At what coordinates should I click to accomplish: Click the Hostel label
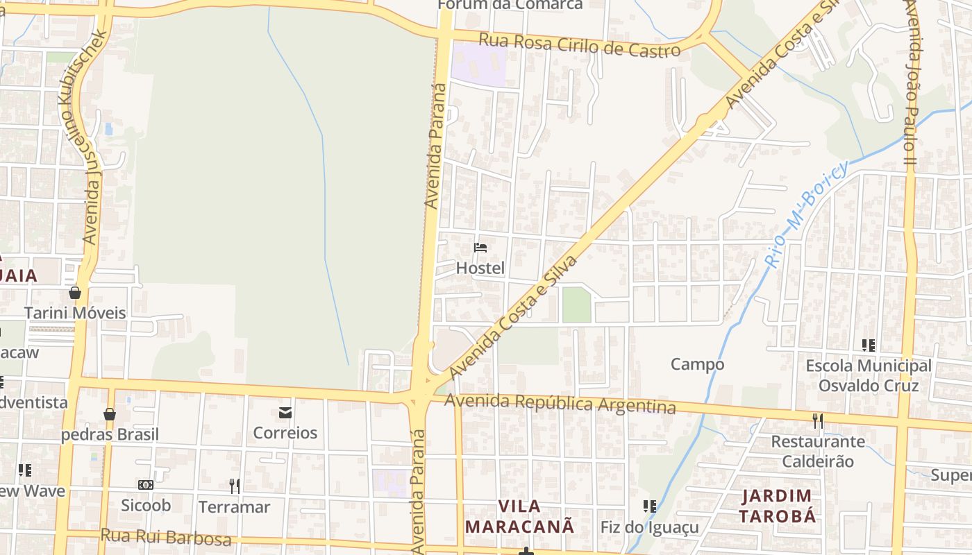(480, 268)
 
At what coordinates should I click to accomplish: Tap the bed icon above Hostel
(480, 247)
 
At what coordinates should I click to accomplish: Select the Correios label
(285, 433)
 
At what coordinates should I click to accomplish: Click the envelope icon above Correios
(285, 413)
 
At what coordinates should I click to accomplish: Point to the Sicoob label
(146, 505)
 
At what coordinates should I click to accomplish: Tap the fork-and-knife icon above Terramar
(235, 486)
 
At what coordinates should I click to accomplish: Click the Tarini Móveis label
(75, 313)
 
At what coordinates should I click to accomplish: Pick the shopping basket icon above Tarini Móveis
(75, 293)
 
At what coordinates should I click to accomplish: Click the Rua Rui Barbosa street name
(166, 538)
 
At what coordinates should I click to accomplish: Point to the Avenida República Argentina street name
(560, 402)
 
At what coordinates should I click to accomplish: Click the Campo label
(697, 364)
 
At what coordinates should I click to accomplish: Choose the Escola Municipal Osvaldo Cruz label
(868, 375)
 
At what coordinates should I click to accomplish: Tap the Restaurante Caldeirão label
(818, 451)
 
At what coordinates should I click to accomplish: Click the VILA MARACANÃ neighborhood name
(519, 516)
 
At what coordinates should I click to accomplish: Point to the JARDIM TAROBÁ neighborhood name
(776, 506)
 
